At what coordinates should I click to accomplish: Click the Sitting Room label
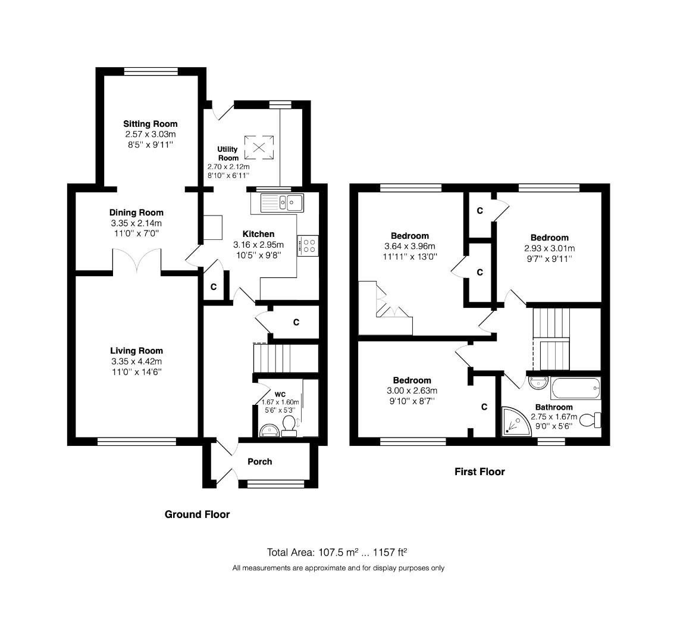pyautogui.click(x=151, y=124)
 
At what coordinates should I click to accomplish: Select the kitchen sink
pyautogui.click(x=278, y=202)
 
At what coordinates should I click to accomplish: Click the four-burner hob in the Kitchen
pyautogui.click(x=309, y=245)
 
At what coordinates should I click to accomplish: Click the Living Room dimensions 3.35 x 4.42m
pyautogui.click(x=136, y=361)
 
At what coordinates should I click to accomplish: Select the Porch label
pyautogui.click(x=259, y=461)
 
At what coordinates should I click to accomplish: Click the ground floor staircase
pyautogui.click(x=273, y=358)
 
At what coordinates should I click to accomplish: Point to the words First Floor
pyautogui.click(x=479, y=472)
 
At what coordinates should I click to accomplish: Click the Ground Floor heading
pyautogui.click(x=197, y=514)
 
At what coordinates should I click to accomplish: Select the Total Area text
pyautogui.click(x=337, y=552)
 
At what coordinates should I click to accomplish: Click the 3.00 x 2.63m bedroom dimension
pyautogui.click(x=412, y=391)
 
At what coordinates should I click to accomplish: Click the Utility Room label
pyautogui.click(x=228, y=154)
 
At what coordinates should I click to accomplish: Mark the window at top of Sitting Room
pyautogui.click(x=151, y=71)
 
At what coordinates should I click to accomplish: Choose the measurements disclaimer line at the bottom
pyautogui.click(x=338, y=568)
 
